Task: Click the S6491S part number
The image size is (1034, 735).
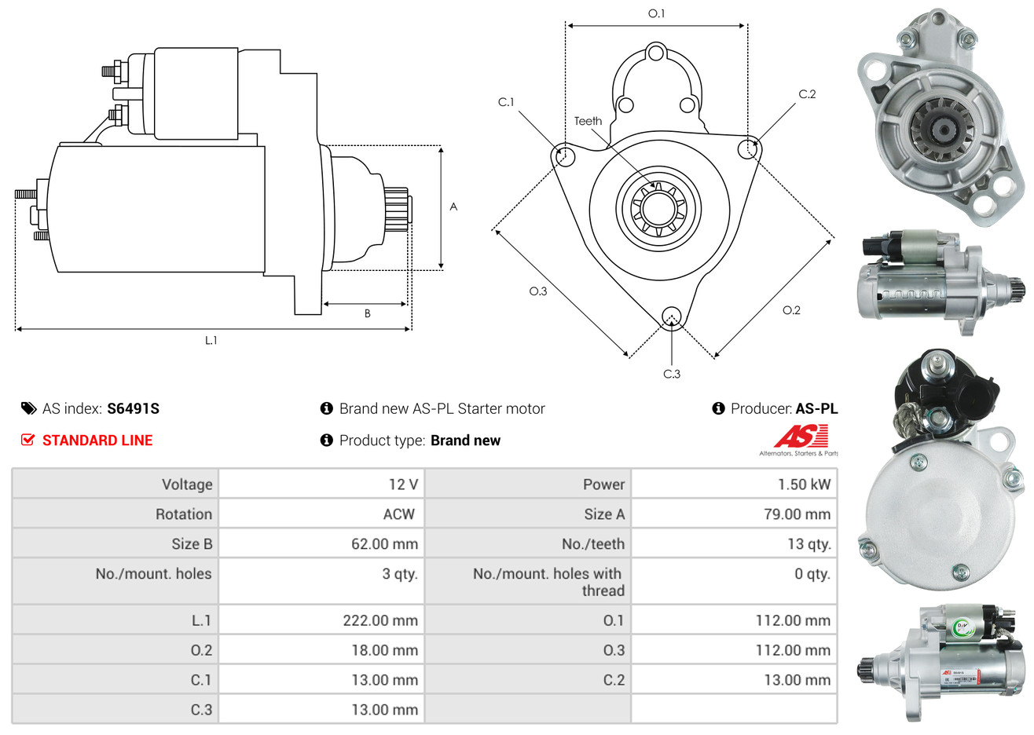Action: (133, 408)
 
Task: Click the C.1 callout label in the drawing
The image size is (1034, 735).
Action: (506, 102)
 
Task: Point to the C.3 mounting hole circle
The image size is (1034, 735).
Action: (672, 316)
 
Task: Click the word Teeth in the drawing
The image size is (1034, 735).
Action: (588, 121)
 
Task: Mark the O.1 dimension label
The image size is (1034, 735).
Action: (656, 13)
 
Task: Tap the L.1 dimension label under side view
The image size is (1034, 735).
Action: (211, 340)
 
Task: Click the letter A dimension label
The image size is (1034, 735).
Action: (453, 207)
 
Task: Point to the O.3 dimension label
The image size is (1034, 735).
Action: (537, 291)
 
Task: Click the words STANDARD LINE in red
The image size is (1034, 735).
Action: (97, 441)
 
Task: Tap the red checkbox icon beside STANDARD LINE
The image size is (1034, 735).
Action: (28, 441)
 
